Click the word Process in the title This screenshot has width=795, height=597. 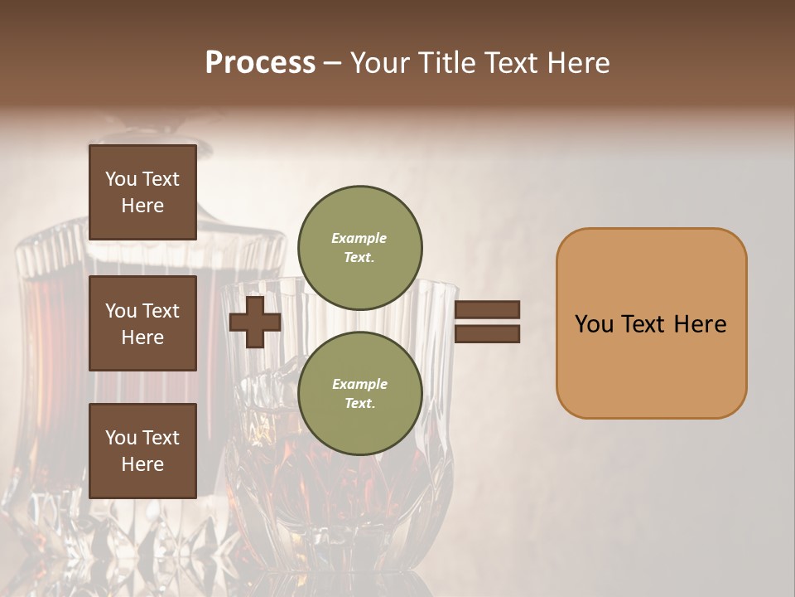point(260,63)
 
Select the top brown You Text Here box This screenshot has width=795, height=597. point(142,192)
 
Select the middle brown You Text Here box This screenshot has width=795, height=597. point(142,323)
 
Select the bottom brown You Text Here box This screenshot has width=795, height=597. point(142,450)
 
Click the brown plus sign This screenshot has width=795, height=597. point(255,322)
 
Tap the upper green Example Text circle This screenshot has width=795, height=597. point(359,248)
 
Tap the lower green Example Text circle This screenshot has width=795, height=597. point(359,394)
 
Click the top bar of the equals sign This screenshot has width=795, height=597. point(487,309)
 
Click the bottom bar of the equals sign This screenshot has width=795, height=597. point(487,334)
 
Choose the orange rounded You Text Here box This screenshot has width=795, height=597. point(651,323)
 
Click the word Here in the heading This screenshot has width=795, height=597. point(577,63)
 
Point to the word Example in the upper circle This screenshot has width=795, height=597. point(359,239)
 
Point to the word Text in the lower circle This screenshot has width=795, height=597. point(358,404)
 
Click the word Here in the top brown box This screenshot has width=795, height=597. point(142,206)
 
